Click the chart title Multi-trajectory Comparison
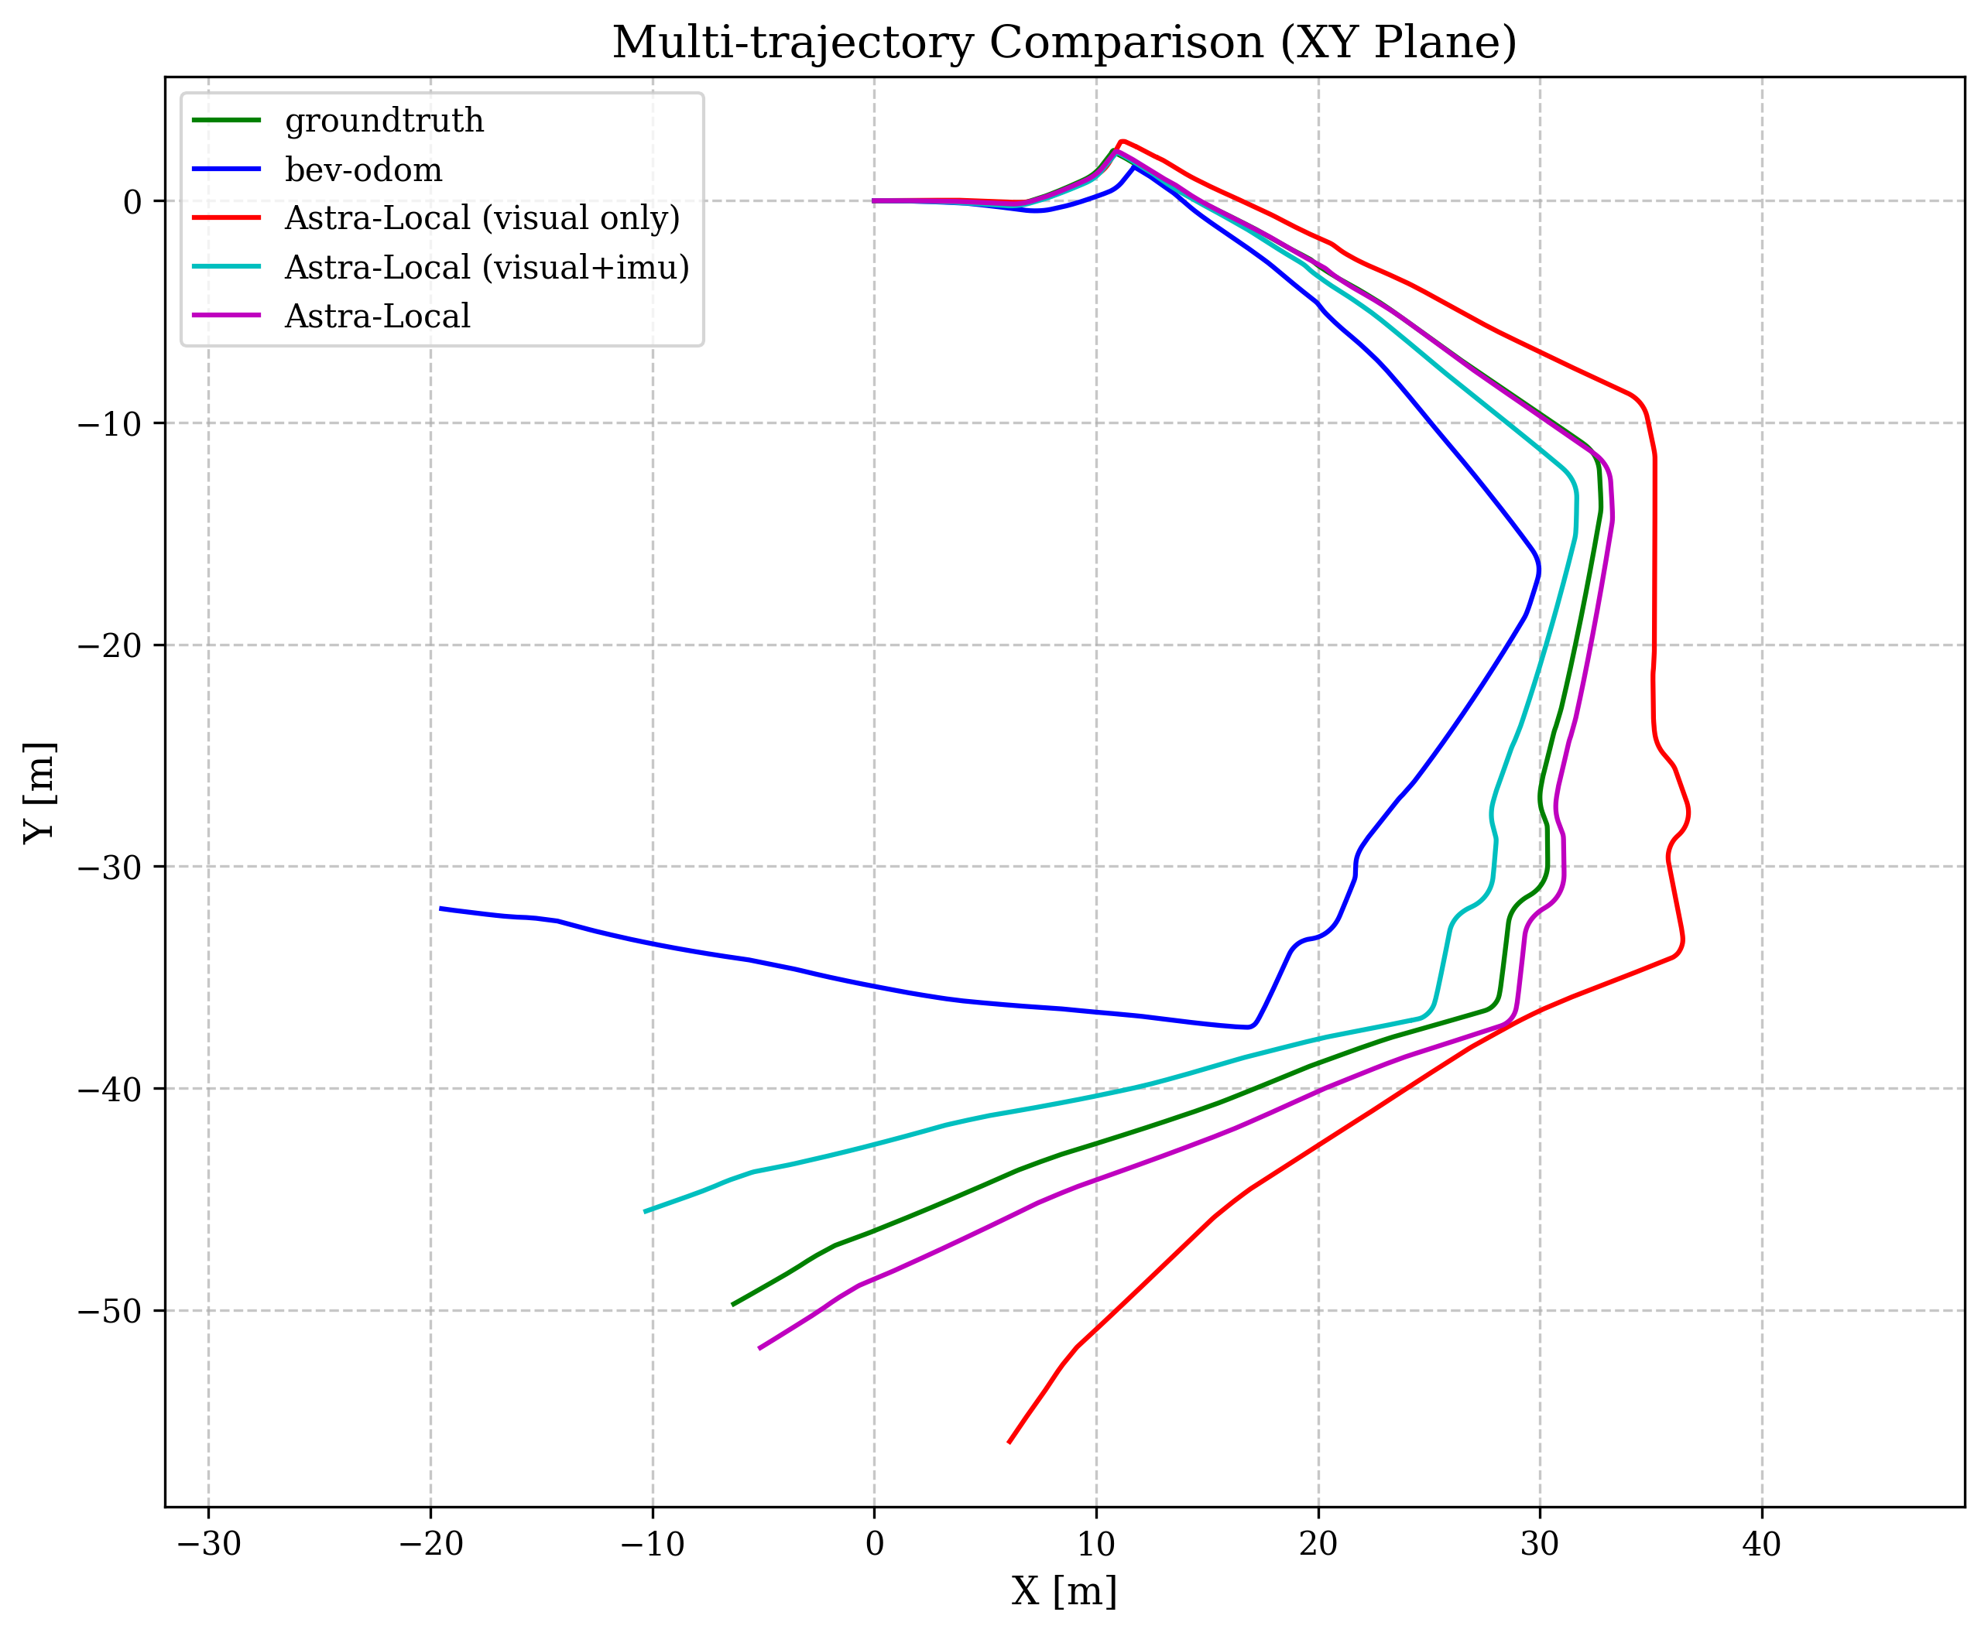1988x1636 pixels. (1064, 43)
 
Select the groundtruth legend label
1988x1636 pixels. (384, 121)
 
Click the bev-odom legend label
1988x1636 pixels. (363, 169)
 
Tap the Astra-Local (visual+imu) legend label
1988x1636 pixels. (486, 268)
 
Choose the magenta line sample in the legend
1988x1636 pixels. (226, 316)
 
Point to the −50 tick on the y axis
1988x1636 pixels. (108, 1311)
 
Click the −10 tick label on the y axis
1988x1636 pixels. (108, 423)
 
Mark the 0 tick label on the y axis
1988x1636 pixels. (132, 202)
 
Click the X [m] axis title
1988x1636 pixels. (1064, 1593)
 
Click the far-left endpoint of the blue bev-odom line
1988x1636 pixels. (440, 909)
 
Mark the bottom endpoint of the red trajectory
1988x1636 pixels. (1009, 1442)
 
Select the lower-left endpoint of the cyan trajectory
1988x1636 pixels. (645, 1212)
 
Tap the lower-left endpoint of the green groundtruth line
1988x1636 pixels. (732, 1306)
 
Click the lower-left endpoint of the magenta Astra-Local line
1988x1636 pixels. (759, 1349)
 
